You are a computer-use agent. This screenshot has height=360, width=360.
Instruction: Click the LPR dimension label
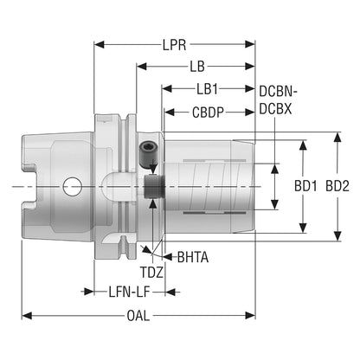pyautogui.click(x=175, y=45)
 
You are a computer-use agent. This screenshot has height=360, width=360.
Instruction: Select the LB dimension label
pyautogui.click(x=197, y=67)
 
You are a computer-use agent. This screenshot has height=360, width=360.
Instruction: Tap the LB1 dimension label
pyautogui.click(x=207, y=89)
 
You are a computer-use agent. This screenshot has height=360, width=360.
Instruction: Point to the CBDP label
pyautogui.click(x=208, y=112)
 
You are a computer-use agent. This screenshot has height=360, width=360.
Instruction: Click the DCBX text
pyautogui.click(x=275, y=109)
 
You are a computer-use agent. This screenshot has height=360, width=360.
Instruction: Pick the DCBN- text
pyautogui.click(x=279, y=92)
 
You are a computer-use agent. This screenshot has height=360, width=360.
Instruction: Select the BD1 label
pyautogui.click(x=305, y=186)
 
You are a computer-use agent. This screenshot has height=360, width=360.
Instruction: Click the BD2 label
pyautogui.click(x=337, y=186)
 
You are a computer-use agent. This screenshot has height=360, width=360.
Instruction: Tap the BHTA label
pyautogui.click(x=193, y=257)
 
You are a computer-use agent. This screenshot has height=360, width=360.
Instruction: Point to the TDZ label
pyautogui.click(x=151, y=273)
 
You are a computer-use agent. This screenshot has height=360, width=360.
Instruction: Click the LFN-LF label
pyautogui.click(x=130, y=292)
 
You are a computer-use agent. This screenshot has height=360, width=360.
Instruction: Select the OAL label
pyautogui.click(x=138, y=316)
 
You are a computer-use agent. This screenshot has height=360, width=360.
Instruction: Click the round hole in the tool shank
pyautogui.click(x=72, y=187)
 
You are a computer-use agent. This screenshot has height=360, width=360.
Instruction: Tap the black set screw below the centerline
pyautogui.click(x=154, y=187)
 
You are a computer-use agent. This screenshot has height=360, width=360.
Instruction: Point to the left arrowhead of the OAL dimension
pyautogui.click(x=27, y=316)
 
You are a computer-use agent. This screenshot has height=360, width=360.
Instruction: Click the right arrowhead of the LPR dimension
pyautogui.click(x=250, y=45)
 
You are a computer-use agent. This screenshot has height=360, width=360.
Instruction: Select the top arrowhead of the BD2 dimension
pyautogui.click(x=337, y=138)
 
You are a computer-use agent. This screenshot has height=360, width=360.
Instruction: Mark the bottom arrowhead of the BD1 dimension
pyautogui.click(x=303, y=228)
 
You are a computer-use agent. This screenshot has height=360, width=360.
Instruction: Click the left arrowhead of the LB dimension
pyautogui.click(x=142, y=67)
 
